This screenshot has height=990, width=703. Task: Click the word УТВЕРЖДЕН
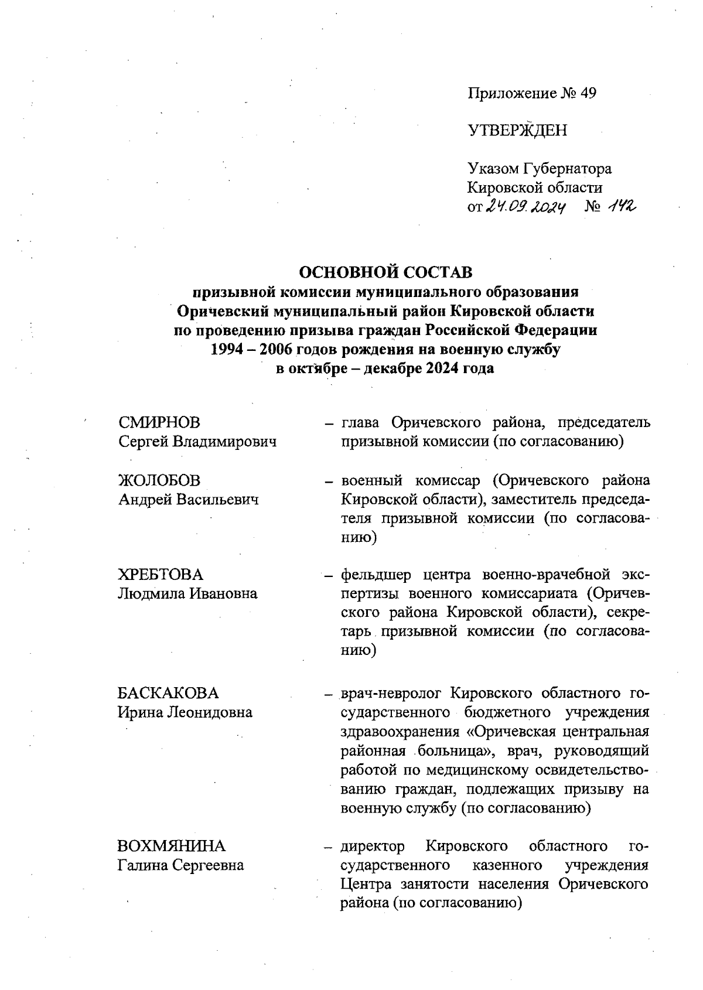tap(517, 131)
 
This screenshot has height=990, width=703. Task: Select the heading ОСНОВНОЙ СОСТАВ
tap(385, 272)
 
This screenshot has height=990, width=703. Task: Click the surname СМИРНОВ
tap(159, 422)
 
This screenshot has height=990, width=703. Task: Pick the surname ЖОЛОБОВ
tap(159, 480)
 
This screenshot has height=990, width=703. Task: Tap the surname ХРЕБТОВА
tap(161, 574)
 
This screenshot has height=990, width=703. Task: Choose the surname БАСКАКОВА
tap(168, 693)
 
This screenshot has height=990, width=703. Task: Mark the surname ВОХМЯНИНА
tap(171, 846)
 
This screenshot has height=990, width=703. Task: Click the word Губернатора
tap(567, 169)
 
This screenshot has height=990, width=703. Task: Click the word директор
tap(373, 846)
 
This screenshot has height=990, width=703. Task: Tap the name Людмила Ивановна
tap(187, 593)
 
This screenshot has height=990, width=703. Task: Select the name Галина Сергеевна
tap(181, 865)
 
